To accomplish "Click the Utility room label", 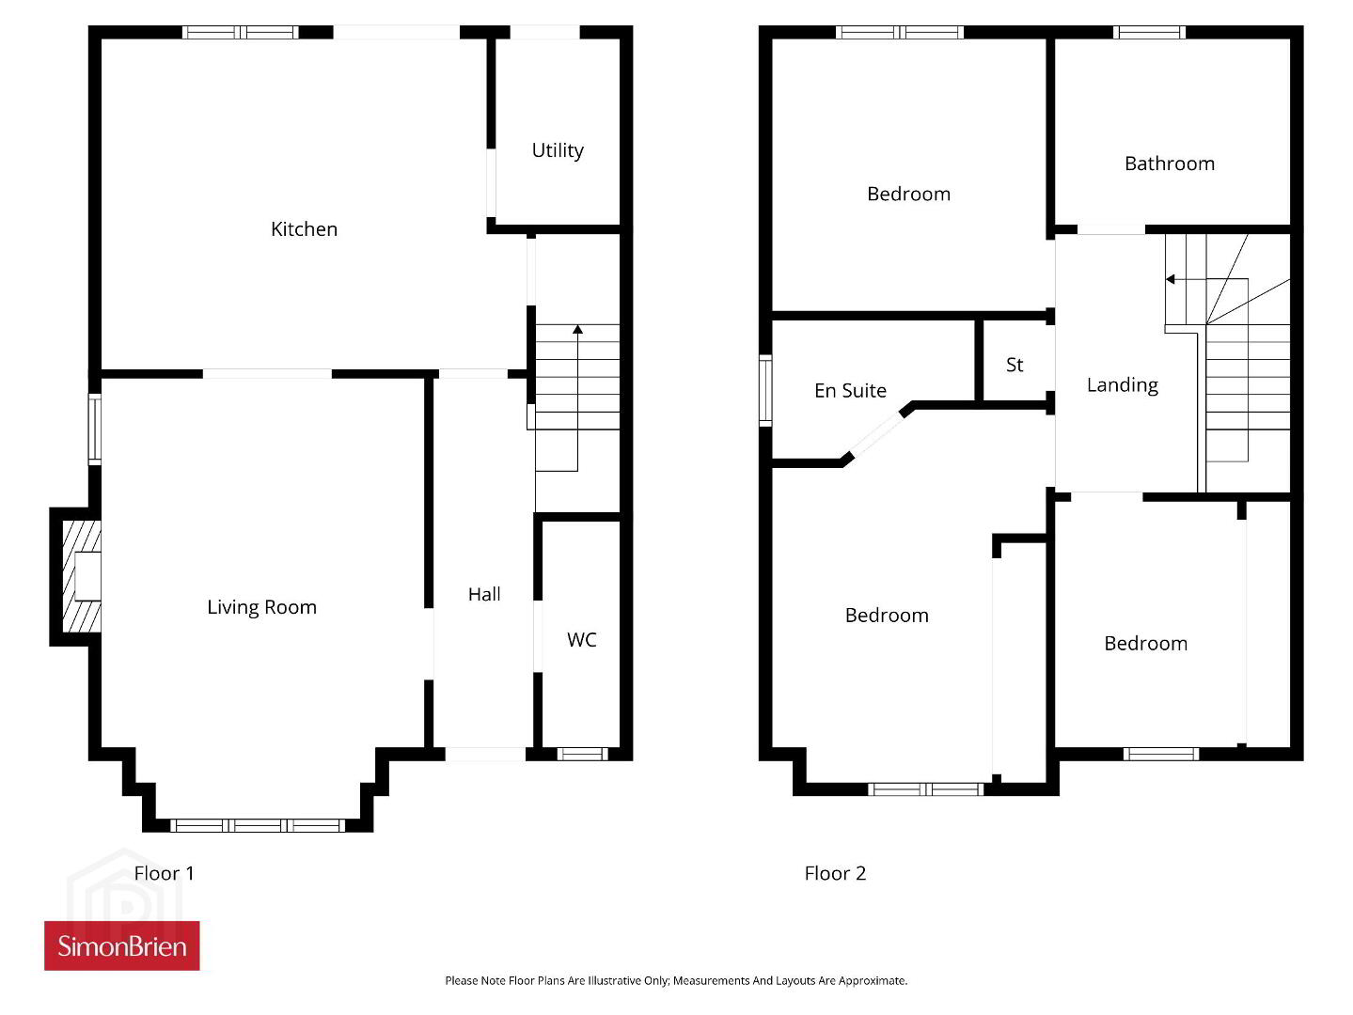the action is pyautogui.click(x=558, y=151).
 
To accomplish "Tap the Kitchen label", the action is pyautogui.click(x=304, y=229).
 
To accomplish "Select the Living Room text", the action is pyautogui.click(x=262, y=607).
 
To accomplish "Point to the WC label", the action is pyautogui.click(x=581, y=640).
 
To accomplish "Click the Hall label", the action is pyautogui.click(x=484, y=594).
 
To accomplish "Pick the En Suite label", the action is pyautogui.click(x=850, y=390).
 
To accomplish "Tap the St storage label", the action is pyautogui.click(x=1015, y=365).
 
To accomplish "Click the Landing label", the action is pyautogui.click(x=1123, y=385).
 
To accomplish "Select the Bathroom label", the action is pyautogui.click(x=1170, y=164).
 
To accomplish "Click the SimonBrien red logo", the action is pyautogui.click(x=122, y=945).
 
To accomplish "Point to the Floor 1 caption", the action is pyautogui.click(x=164, y=873).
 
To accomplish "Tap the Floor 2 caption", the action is pyautogui.click(x=835, y=873).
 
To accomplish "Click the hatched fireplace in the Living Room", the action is pyautogui.click(x=82, y=576).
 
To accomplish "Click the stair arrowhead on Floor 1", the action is pyautogui.click(x=577, y=330).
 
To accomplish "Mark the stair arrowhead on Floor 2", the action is pyautogui.click(x=1170, y=280).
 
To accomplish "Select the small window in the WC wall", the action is pyautogui.click(x=583, y=754).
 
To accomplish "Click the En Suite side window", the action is pyautogui.click(x=765, y=390).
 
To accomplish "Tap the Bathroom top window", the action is pyautogui.click(x=1150, y=32).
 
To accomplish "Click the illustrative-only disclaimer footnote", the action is pyautogui.click(x=676, y=980).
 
